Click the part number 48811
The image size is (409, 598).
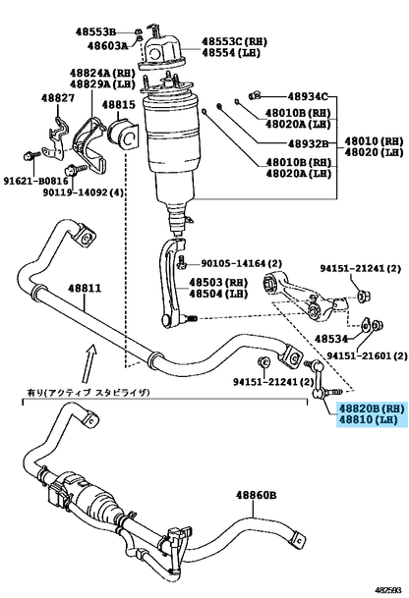(x=85, y=288)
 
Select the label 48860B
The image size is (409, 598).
(x=256, y=496)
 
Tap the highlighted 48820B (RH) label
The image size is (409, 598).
(x=371, y=408)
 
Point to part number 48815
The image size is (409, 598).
(x=118, y=105)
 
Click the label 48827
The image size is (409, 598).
(x=58, y=98)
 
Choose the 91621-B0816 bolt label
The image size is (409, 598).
(x=36, y=181)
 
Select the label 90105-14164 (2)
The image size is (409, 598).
(x=241, y=263)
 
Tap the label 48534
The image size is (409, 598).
(x=331, y=339)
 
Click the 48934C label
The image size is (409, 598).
(x=308, y=96)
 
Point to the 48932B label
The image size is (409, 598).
(x=308, y=143)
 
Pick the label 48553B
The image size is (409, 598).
(x=95, y=32)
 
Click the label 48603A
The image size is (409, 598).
(x=107, y=46)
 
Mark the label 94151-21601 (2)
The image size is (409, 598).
(x=367, y=355)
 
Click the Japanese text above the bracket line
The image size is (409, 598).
(x=88, y=392)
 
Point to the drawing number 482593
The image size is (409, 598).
(x=388, y=590)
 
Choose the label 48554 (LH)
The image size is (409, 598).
(x=231, y=53)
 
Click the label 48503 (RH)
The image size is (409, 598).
(x=218, y=283)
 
